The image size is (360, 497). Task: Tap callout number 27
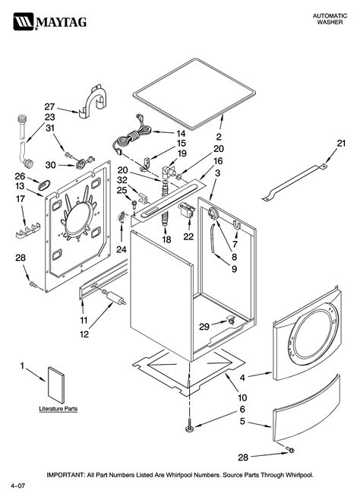click(49, 106)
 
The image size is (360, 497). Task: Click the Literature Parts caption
click(59, 409)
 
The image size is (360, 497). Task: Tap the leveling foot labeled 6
click(187, 430)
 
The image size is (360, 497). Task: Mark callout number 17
click(21, 199)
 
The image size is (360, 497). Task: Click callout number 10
click(242, 397)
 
